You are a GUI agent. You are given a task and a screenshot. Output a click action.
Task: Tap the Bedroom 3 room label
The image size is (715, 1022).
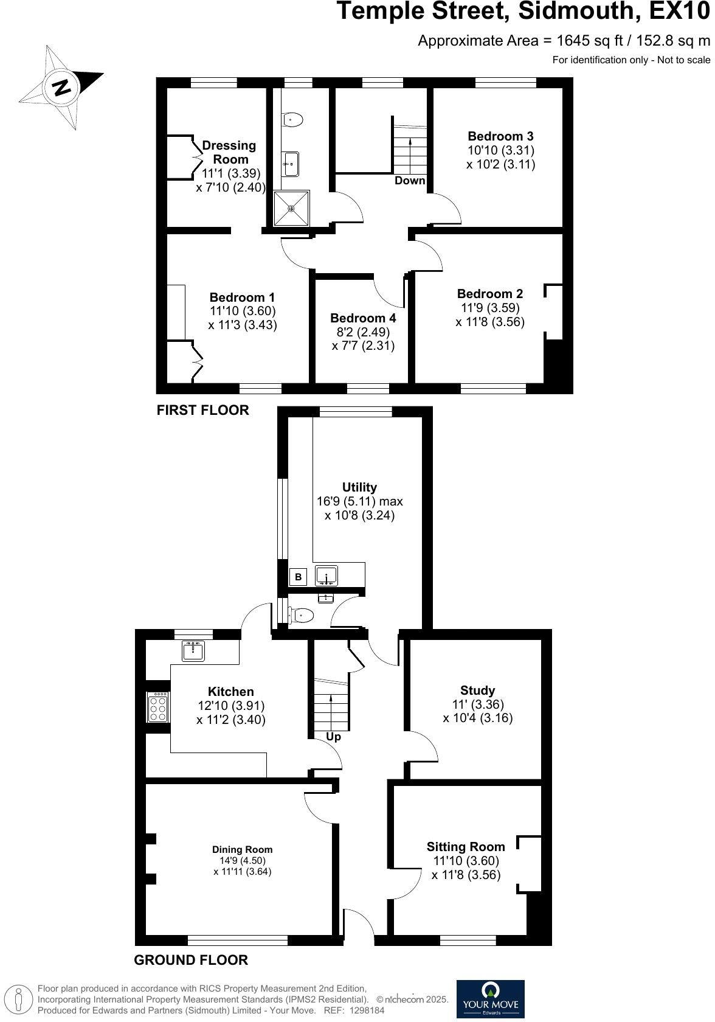pyautogui.click(x=500, y=136)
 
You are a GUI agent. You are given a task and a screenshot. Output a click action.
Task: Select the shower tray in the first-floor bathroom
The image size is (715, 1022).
pyautogui.click(x=292, y=208)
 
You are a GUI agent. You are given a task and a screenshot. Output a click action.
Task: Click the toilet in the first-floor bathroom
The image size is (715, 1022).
pyautogui.click(x=292, y=120)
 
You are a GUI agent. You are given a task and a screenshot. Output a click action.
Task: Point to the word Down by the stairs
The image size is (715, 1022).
pyautogui.click(x=410, y=181)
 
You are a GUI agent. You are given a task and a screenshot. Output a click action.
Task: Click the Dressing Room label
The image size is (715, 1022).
pyautogui.click(x=229, y=152)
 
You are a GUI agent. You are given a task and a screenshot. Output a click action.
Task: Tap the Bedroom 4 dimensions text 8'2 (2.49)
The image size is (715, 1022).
pyautogui.click(x=363, y=332)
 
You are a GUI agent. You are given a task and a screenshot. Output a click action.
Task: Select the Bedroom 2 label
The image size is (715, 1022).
pyautogui.click(x=490, y=294)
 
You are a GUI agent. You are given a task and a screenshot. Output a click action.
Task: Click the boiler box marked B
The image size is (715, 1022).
pyautogui.click(x=298, y=577)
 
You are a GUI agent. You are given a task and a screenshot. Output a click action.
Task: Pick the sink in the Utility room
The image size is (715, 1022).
pyautogui.click(x=326, y=575)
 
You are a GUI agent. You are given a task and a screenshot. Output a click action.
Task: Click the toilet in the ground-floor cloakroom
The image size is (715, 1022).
pyautogui.click(x=302, y=616)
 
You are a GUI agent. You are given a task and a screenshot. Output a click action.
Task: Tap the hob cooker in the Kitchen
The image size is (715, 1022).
pyautogui.click(x=158, y=707)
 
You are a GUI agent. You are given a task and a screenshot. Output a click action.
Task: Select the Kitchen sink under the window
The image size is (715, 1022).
pyautogui.click(x=193, y=651)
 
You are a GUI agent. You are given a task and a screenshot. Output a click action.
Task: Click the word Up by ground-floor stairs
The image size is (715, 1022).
pyautogui.click(x=334, y=737)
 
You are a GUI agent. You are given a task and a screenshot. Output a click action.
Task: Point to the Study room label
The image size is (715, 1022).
pyautogui.click(x=477, y=690)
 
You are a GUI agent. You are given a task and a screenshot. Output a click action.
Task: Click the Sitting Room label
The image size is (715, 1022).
pyautogui.click(x=466, y=847)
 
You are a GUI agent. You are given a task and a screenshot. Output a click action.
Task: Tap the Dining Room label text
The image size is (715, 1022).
pyautogui.click(x=242, y=850)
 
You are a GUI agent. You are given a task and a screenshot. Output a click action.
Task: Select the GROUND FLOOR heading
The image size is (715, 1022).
pyautogui.click(x=191, y=960)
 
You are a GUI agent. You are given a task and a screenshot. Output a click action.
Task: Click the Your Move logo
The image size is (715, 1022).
pyautogui.click(x=490, y=998)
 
